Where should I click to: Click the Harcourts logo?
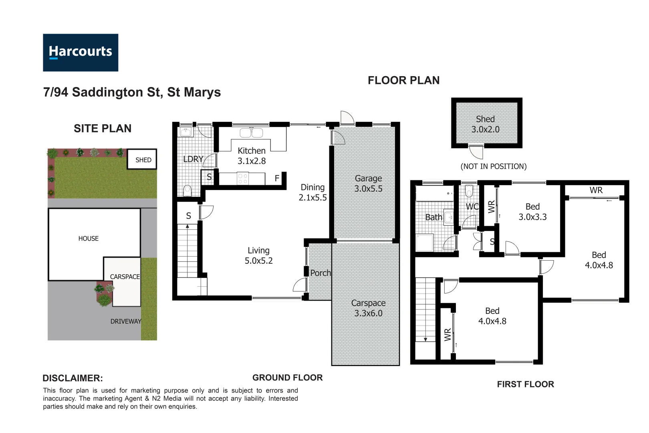tap(81, 53)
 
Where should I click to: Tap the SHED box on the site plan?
tap(142, 160)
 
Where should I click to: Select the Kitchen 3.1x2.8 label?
tap(252, 156)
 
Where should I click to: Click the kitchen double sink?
tap(251, 133)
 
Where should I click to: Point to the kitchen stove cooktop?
tap(242, 179)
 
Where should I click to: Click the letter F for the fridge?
tap(277, 178)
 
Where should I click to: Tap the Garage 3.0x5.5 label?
tap(368, 184)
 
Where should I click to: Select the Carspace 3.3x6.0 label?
tap(368, 308)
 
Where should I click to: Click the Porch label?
tap(320, 273)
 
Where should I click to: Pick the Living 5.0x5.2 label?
tap(258, 255)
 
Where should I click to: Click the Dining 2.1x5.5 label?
tap(312, 192)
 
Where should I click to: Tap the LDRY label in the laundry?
tap(193, 159)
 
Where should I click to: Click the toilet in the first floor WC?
tap(469, 192)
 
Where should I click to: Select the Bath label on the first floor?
tap(433, 217)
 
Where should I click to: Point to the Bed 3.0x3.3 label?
tap(532, 212)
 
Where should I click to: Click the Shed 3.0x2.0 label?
tap(485, 124)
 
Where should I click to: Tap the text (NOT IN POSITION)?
tap(493, 166)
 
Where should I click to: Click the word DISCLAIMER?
tap(73, 378)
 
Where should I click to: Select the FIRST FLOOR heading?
tap(525, 384)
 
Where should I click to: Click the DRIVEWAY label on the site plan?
tap(126, 322)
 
